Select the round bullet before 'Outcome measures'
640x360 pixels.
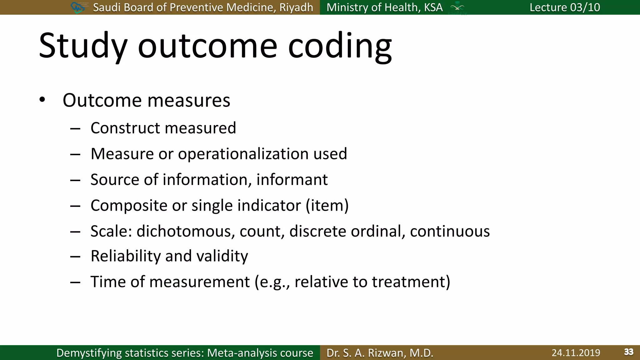[x=42, y=100]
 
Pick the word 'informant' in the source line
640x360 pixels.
[x=292, y=180]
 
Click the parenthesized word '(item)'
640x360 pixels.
[x=327, y=206]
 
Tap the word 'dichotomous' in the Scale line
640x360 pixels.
[x=186, y=232]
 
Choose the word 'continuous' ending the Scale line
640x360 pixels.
[x=450, y=232]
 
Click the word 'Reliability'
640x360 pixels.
[x=126, y=256]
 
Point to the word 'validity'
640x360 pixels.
[x=222, y=256]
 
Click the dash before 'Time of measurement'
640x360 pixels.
[x=75, y=282]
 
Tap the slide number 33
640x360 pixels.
[x=628, y=352]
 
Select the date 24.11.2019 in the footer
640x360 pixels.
[x=576, y=353]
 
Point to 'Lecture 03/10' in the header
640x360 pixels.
[x=565, y=7]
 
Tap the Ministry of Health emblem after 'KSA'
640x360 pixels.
[x=457, y=7]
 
